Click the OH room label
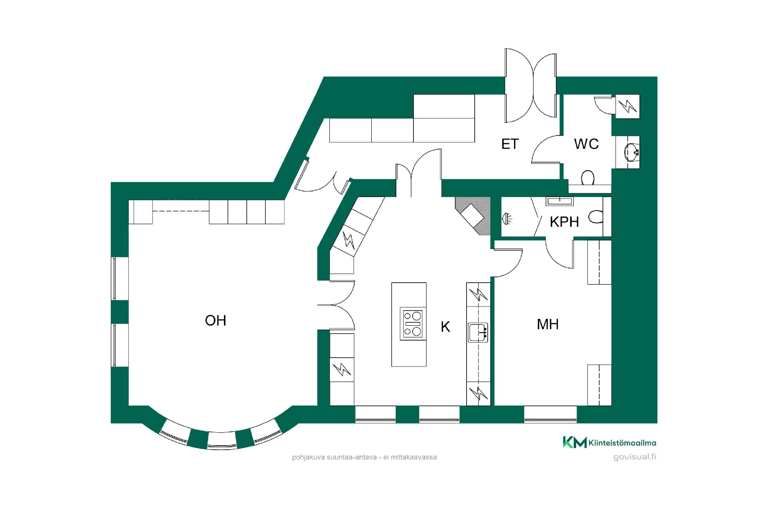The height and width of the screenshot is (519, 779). point(215,321)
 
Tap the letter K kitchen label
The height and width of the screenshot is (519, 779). point(445,327)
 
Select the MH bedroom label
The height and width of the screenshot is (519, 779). point(548,324)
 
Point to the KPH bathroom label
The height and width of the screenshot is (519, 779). point(564,222)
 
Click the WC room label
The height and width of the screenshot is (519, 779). point(587,144)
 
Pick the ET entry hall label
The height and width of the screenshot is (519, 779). point(510,144)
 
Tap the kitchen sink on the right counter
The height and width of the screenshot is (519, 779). point(478,332)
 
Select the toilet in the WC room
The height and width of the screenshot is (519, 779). point(588,178)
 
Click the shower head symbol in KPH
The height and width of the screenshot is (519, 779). point(507,219)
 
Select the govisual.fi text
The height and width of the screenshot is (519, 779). point(635,457)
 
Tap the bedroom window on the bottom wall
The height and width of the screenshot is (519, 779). point(550,414)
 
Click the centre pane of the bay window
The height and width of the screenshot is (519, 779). point(222,440)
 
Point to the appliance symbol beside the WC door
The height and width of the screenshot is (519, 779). point(628,107)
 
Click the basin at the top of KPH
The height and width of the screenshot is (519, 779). point(560,201)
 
